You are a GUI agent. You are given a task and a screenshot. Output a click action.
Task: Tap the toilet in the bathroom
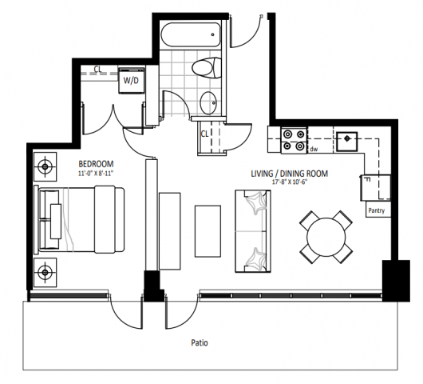pyautogui.click(x=209, y=69)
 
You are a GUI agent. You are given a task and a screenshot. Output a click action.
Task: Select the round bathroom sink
pyautogui.click(x=209, y=102)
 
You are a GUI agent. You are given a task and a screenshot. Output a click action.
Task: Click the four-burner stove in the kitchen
pyautogui.click(x=293, y=140)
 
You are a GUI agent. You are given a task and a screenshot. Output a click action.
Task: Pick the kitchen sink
pyautogui.click(x=347, y=141)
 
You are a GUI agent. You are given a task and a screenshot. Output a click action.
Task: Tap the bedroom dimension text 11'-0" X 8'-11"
pyautogui.click(x=96, y=173)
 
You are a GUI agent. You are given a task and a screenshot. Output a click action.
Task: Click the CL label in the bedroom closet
pyautogui.click(x=97, y=69)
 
